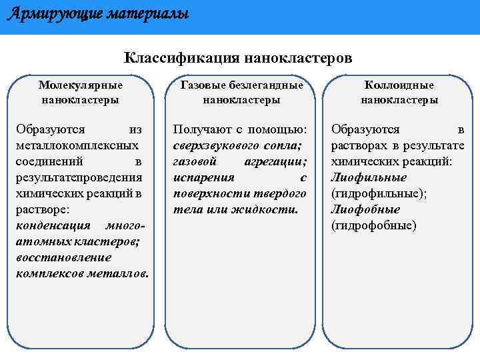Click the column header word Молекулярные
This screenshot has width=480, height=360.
[x=80, y=85]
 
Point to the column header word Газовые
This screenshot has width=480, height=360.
[x=203, y=85]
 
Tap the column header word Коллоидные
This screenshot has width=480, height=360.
[x=399, y=85]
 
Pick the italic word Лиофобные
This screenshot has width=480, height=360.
[x=365, y=209]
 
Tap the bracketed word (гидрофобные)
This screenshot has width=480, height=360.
[x=374, y=225]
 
